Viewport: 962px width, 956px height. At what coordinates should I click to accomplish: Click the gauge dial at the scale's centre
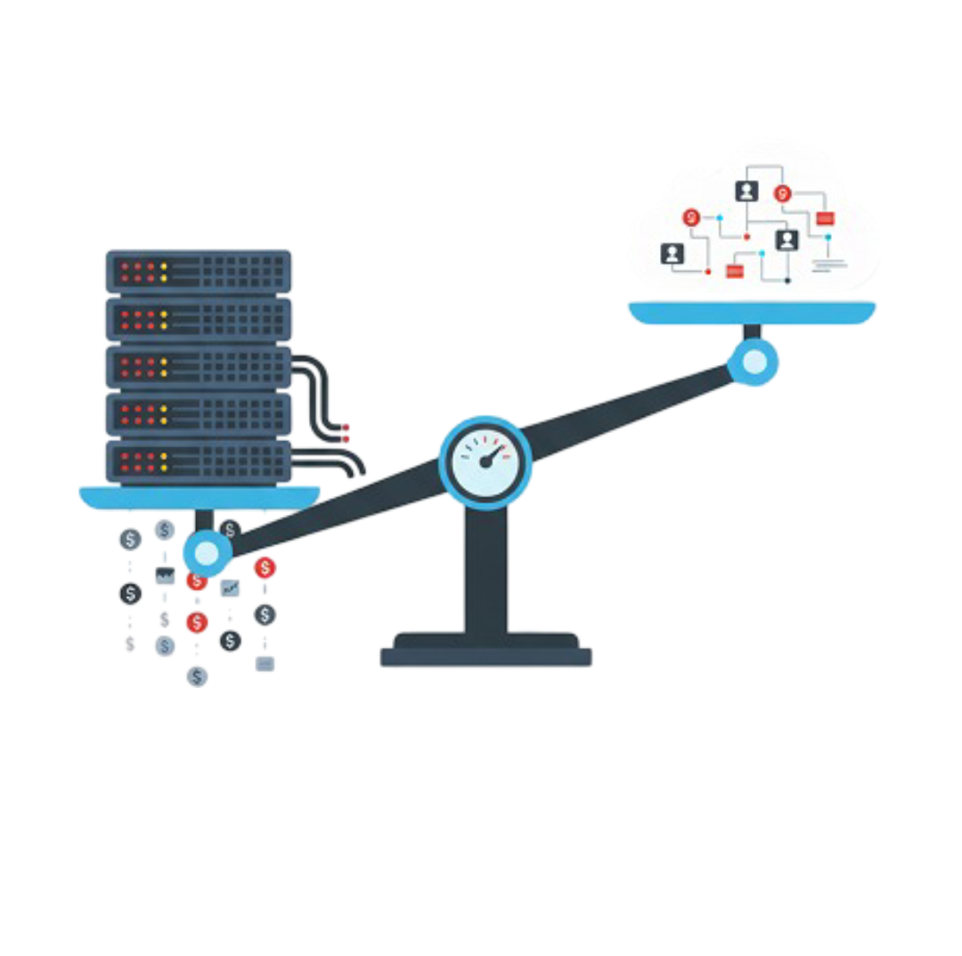(485, 462)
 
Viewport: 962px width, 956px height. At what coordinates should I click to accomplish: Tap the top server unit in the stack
(199, 268)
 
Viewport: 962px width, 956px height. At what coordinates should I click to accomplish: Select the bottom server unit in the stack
(199, 461)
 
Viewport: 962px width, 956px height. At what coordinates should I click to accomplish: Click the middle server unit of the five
(199, 365)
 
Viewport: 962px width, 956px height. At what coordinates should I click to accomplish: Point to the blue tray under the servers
(200, 496)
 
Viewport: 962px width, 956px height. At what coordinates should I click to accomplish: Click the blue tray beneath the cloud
(752, 311)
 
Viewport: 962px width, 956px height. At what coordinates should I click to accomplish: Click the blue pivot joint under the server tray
(206, 553)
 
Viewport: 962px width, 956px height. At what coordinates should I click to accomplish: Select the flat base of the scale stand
(485, 652)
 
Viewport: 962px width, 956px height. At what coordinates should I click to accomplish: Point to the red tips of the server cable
(346, 433)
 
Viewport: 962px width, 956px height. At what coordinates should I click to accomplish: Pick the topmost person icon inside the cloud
(746, 191)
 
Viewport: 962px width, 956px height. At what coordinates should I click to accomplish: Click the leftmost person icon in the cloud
(672, 254)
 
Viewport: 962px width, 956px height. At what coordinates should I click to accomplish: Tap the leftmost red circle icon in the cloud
(691, 217)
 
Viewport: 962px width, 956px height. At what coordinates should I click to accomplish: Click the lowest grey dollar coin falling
(197, 676)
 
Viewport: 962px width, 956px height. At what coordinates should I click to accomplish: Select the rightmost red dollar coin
(265, 567)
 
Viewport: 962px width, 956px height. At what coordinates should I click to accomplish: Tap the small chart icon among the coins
(230, 587)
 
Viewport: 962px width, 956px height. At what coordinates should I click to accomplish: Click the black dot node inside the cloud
(787, 281)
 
